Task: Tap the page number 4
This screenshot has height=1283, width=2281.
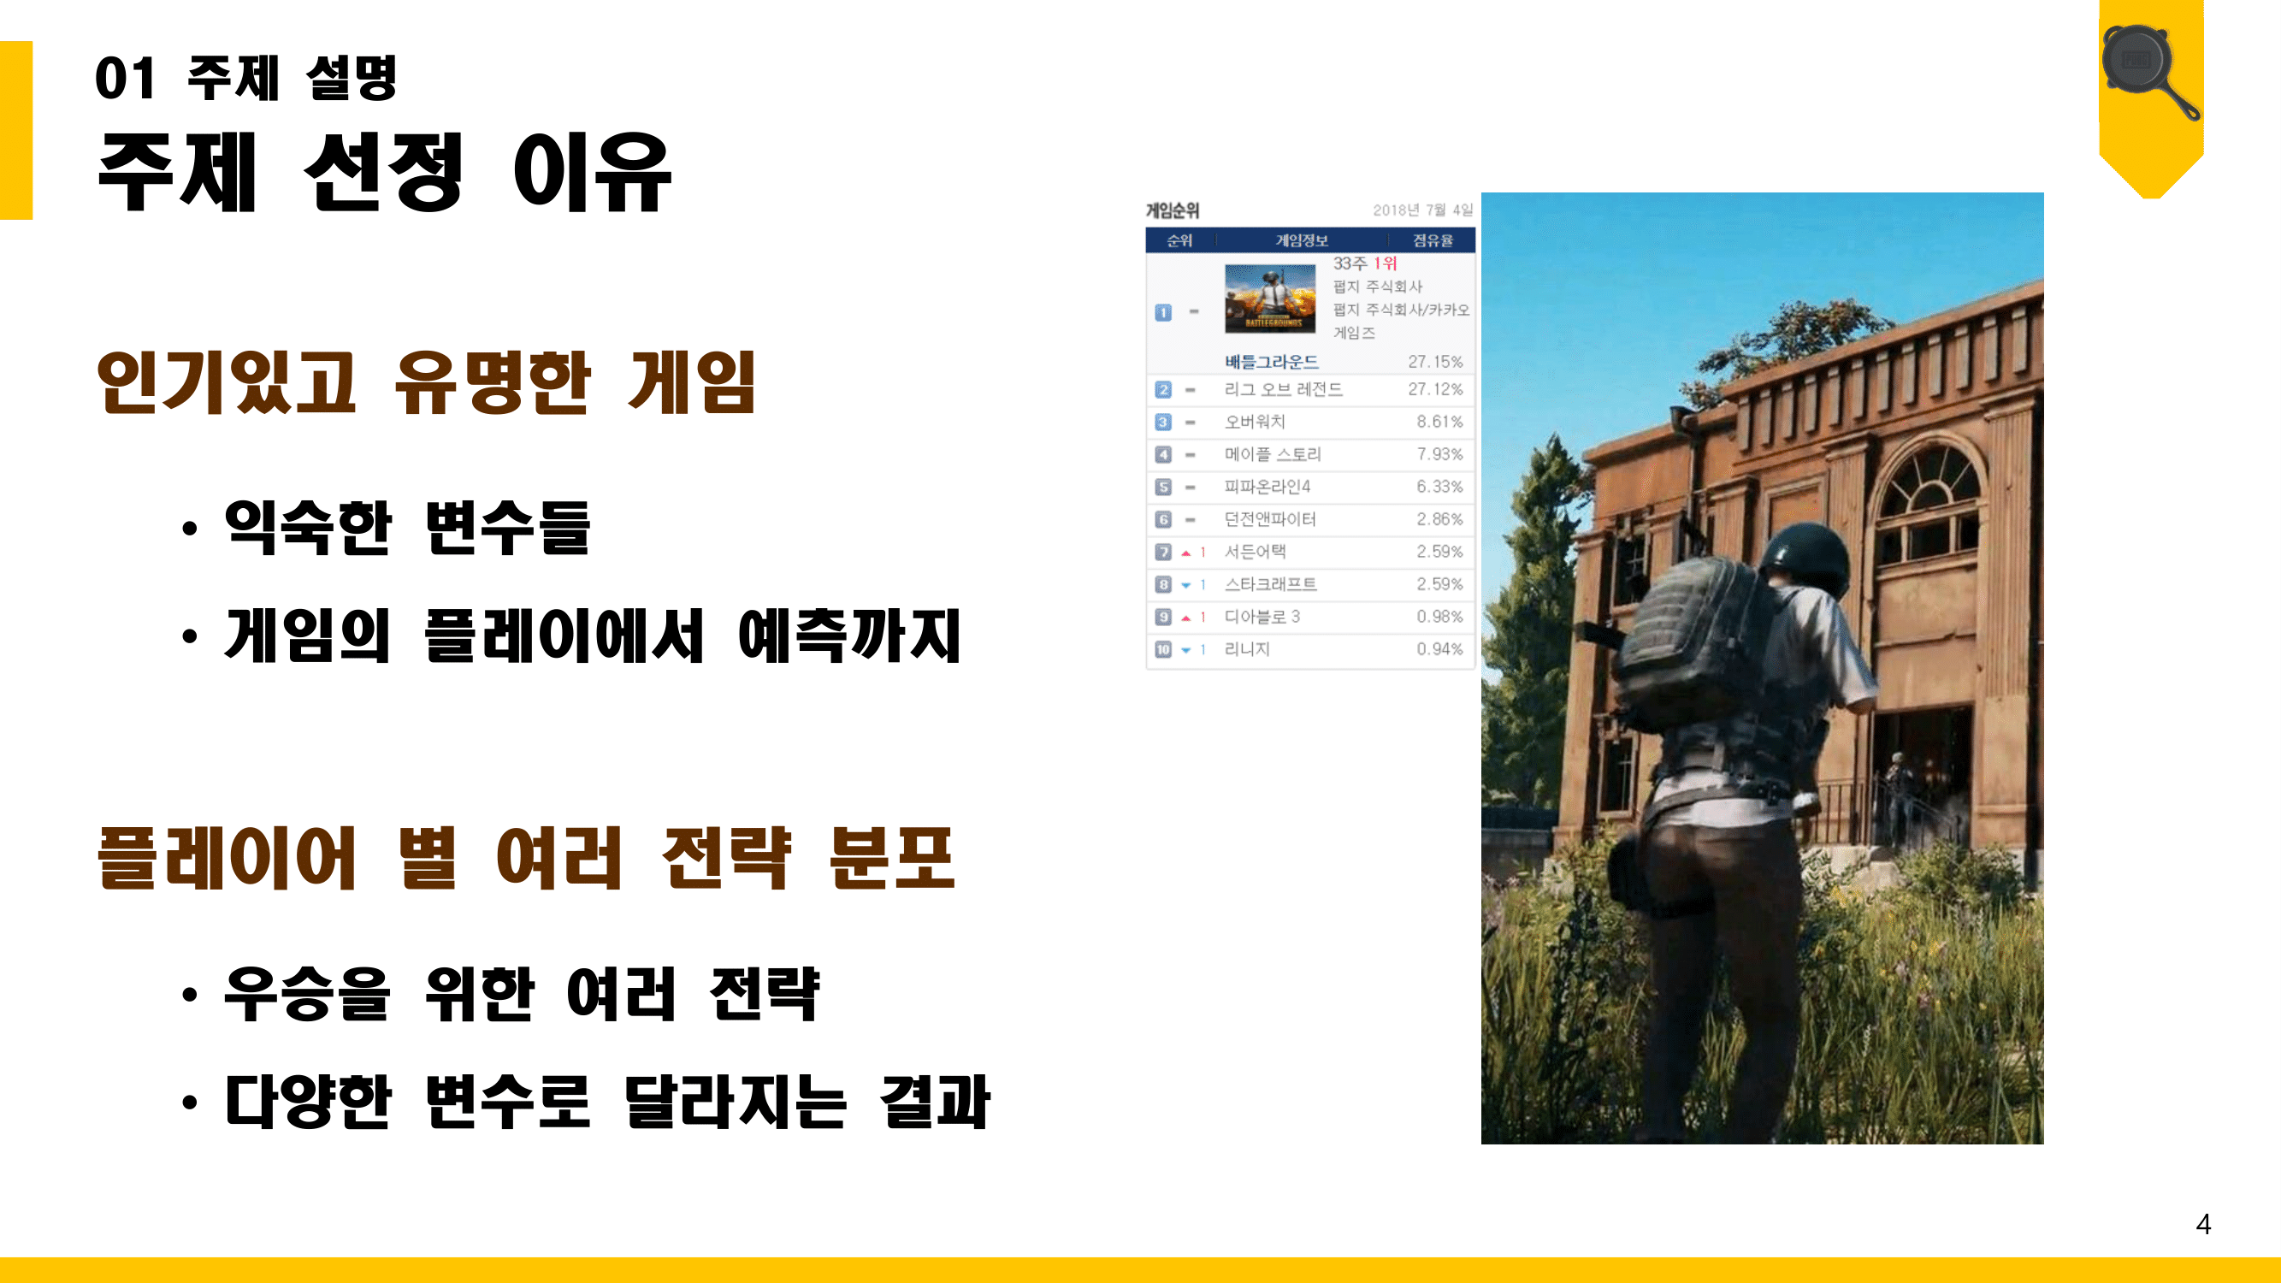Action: pyautogui.click(x=2203, y=1224)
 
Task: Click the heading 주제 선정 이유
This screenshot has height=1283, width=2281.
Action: pyautogui.click(x=384, y=172)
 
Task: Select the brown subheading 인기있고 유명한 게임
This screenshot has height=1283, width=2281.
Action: pyautogui.click(x=426, y=382)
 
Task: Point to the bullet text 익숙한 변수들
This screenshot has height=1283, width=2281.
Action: pyautogui.click(x=406, y=528)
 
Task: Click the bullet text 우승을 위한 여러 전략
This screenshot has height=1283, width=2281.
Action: pyautogui.click(x=522, y=993)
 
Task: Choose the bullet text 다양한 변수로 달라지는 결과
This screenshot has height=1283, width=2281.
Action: pyautogui.click(x=607, y=1103)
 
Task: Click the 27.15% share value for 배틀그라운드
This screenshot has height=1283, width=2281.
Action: pyautogui.click(x=1434, y=361)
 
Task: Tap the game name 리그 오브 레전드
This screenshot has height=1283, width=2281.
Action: pyautogui.click(x=1283, y=389)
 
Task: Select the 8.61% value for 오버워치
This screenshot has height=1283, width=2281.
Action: pyautogui.click(x=1439, y=422)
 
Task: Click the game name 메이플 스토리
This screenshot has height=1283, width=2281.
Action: pyautogui.click(x=1273, y=454)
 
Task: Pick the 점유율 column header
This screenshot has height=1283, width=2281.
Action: pyautogui.click(x=1432, y=241)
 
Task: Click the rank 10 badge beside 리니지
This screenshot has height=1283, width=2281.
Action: pyautogui.click(x=1162, y=649)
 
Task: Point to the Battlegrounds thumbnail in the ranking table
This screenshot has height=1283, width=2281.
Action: pyautogui.click(x=1269, y=299)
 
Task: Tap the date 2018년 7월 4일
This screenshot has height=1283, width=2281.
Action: pyautogui.click(x=1422, y=210)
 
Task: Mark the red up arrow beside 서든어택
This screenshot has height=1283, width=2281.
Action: pyautogui.click(x=1185, y=553)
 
